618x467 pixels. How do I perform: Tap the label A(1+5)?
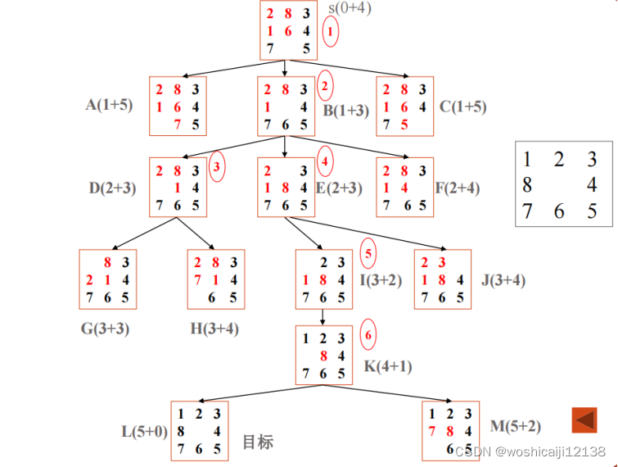(x=114, y=105)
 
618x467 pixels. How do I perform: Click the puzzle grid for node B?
(x=286, y=107)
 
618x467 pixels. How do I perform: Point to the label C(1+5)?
(x=462, y=107)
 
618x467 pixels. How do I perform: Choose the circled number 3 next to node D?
(x=217, y=166)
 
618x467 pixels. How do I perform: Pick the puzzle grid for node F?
(x=404, y=188)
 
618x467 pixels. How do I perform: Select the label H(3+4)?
(x=215, y=329)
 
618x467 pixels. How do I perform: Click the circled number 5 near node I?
(x=368, y=254)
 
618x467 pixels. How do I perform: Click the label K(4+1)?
(x=388, y=366)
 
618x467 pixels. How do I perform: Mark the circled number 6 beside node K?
(x=368, y=335)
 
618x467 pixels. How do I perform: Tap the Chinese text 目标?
(x=258, y=442)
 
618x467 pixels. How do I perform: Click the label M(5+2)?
(x=516, y=425)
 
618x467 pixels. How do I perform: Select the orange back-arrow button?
(x=584, y=420)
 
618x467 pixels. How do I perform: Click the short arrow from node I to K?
(x=324, y=317)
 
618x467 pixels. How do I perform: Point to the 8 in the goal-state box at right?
(x=527, y=185)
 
